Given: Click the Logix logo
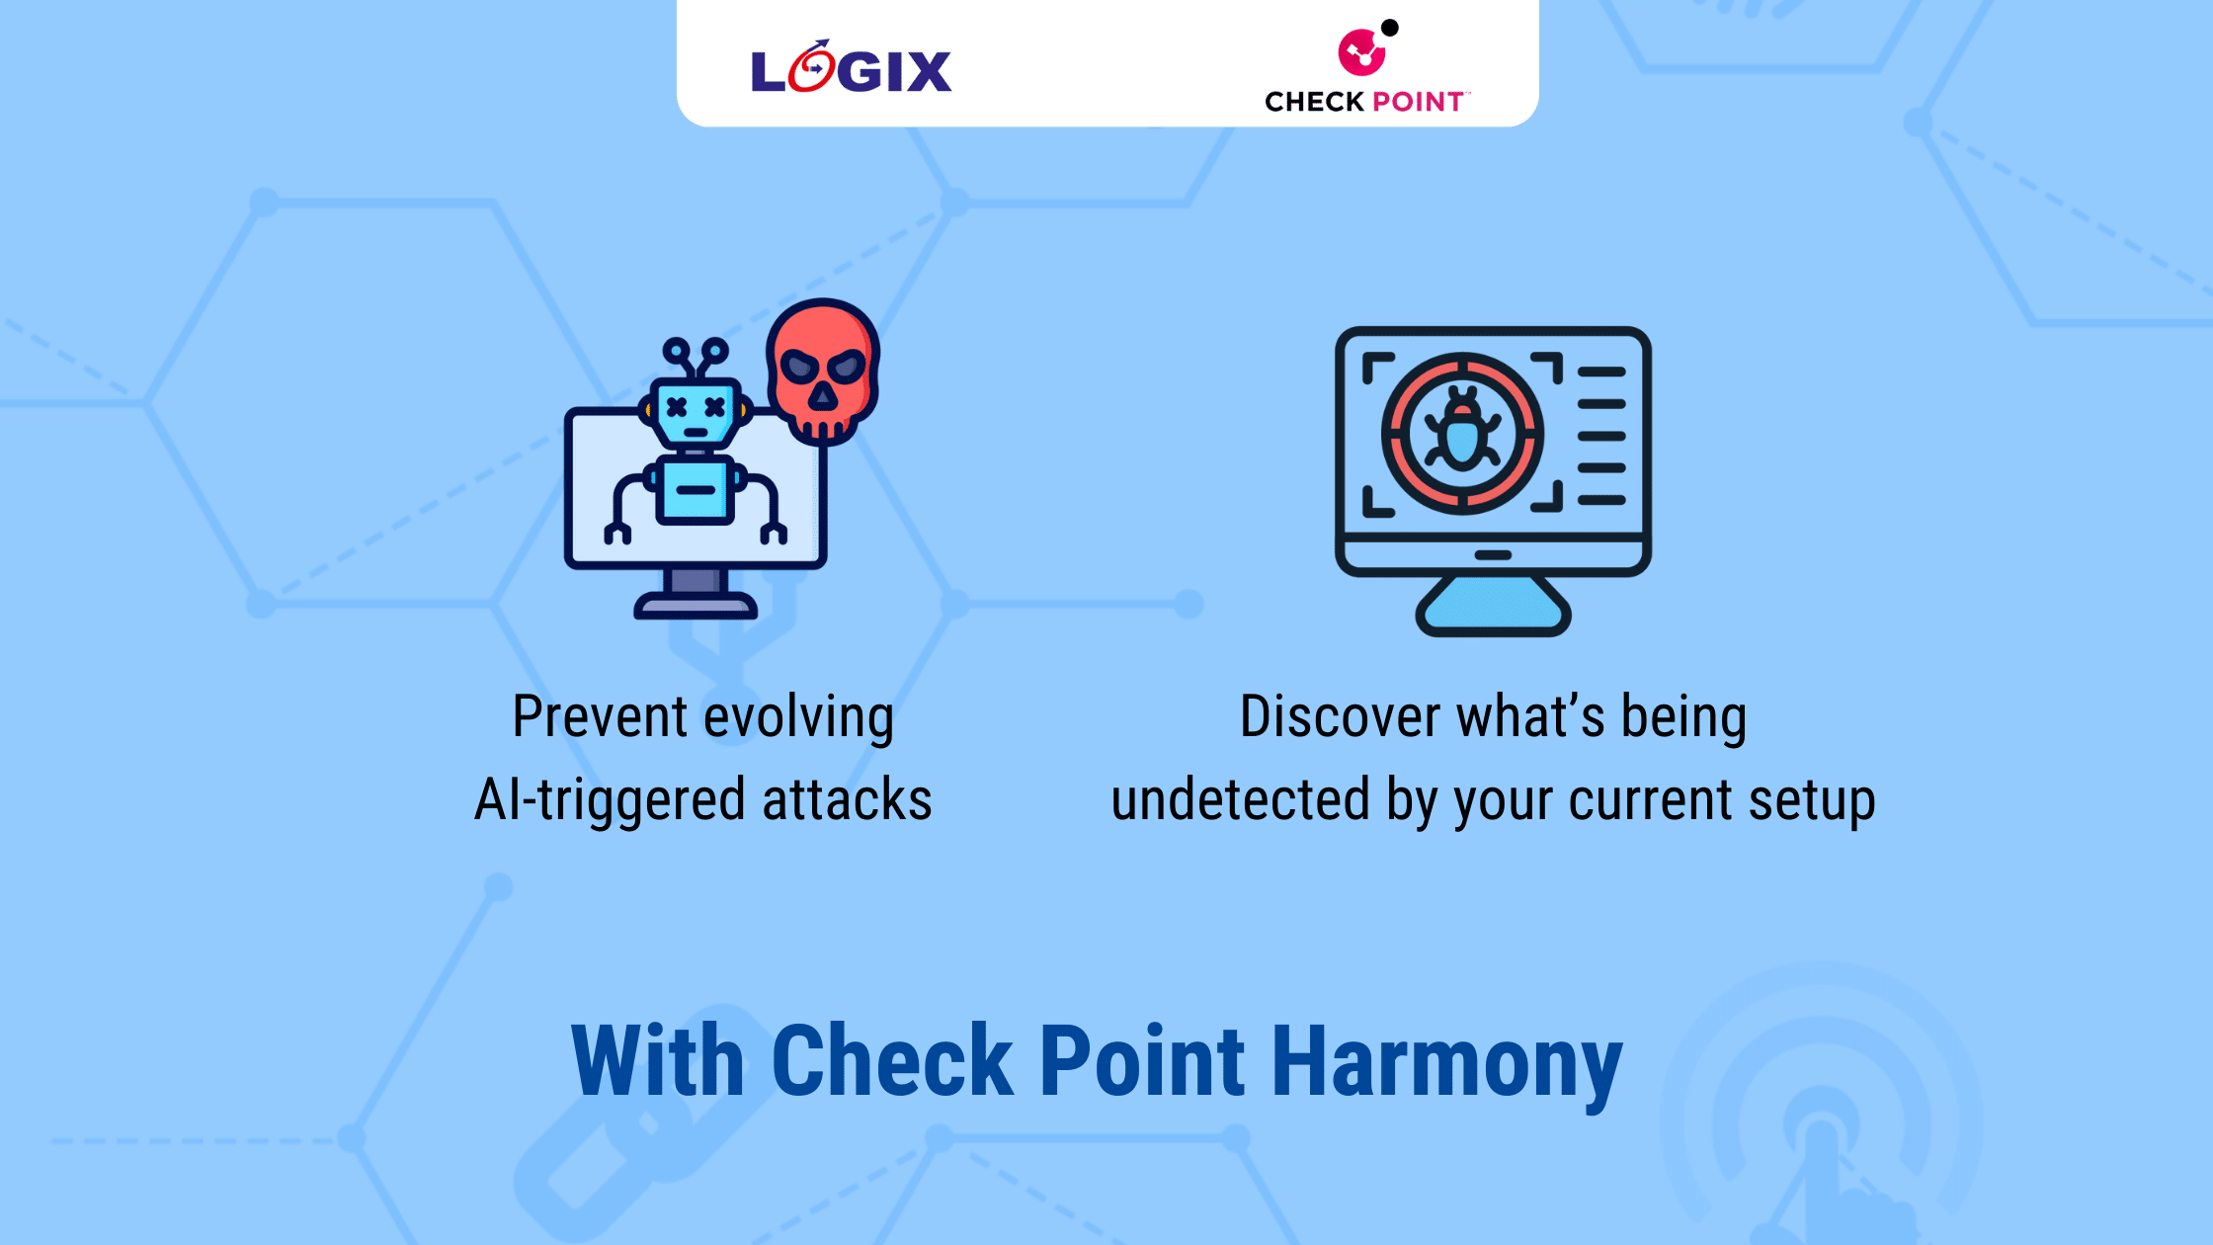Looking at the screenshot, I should pyautogui.click(x=851, y=69).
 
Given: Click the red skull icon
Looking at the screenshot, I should pyautogui.click(x=822, y=371).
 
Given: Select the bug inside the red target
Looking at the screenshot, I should pyautogui.click(x=1462, y=433).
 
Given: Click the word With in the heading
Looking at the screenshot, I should pyautogui.click(x=657, y=1061).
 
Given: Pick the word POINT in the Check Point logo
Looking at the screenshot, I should pyautogui.click(x=1418, y=102).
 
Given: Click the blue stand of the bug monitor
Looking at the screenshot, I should pyautogui.click(x=1493, y=607).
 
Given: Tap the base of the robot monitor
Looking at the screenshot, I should pyautogui.click(x=696, y=604).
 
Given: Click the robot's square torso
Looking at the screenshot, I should pyautogui.click(x=696, y=490).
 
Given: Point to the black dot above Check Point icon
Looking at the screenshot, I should pyautogui.click(x=1389, y=28).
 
